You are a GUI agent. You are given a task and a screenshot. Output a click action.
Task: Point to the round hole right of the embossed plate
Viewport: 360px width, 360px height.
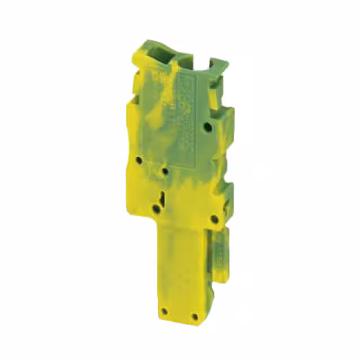(x=209, y=128)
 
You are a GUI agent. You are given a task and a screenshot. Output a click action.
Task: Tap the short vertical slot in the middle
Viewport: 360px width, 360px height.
(x=162, y=197)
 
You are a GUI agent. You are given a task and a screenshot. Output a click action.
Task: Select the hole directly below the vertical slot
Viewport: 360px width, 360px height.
(x=156, y=210)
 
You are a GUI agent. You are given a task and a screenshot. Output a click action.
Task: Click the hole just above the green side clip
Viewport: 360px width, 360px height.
(x=213, y=219)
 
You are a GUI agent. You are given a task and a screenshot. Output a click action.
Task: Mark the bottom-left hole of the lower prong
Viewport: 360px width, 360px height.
(x=164, y=310)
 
